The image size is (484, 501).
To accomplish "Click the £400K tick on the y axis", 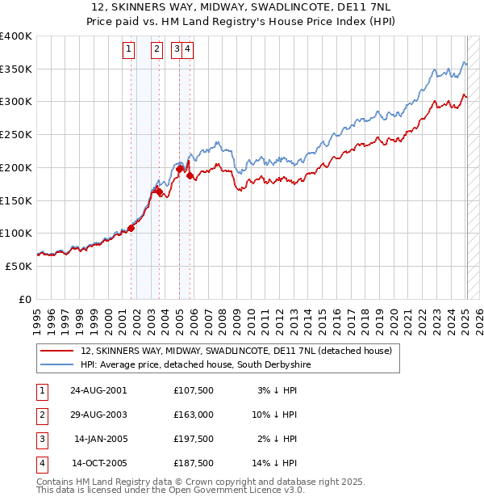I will point(16,36).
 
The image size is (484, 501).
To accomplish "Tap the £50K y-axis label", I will point(19,265).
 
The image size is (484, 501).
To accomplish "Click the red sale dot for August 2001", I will point(131,228).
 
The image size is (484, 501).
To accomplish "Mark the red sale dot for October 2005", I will point(190,175).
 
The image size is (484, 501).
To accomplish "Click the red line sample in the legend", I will point(56,351).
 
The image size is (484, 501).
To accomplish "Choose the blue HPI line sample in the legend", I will point(56,365).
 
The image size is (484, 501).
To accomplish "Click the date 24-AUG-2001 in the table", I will point(98,390).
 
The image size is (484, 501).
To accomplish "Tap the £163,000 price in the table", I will point(193,415).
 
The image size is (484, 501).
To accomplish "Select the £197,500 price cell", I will point(193,440).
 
